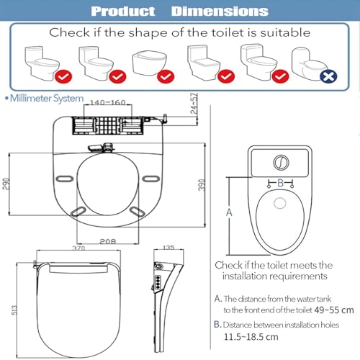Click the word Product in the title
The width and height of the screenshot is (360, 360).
pos(123,12)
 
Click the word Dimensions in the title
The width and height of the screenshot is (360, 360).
pos(220,12)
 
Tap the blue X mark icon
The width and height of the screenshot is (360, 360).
pos(328,76)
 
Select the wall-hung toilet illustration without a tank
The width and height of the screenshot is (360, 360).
pos(149,63)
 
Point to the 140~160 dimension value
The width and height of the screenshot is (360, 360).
pos(108,102)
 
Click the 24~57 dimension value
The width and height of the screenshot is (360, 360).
pos(194,103)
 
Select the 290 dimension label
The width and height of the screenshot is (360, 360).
pos(6,184)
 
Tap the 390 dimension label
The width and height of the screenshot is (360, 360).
pos(202,185)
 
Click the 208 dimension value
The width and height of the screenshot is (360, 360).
pos(108,241)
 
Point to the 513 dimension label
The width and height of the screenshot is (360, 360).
pos(14,310)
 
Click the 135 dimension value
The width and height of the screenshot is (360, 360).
pos(168,247)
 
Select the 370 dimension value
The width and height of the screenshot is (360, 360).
pos(78,248)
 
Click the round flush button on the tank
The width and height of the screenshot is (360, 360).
pos(281,163)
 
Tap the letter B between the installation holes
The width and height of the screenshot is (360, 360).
pos(281,183)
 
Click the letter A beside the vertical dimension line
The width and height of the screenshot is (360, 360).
pos(229,212)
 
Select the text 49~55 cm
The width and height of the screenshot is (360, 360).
pos(334,310)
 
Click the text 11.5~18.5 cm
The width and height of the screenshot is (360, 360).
pos(251,337)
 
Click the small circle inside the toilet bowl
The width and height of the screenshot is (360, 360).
pos(280,203)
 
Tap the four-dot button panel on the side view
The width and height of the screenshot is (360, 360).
pos(158,281)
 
